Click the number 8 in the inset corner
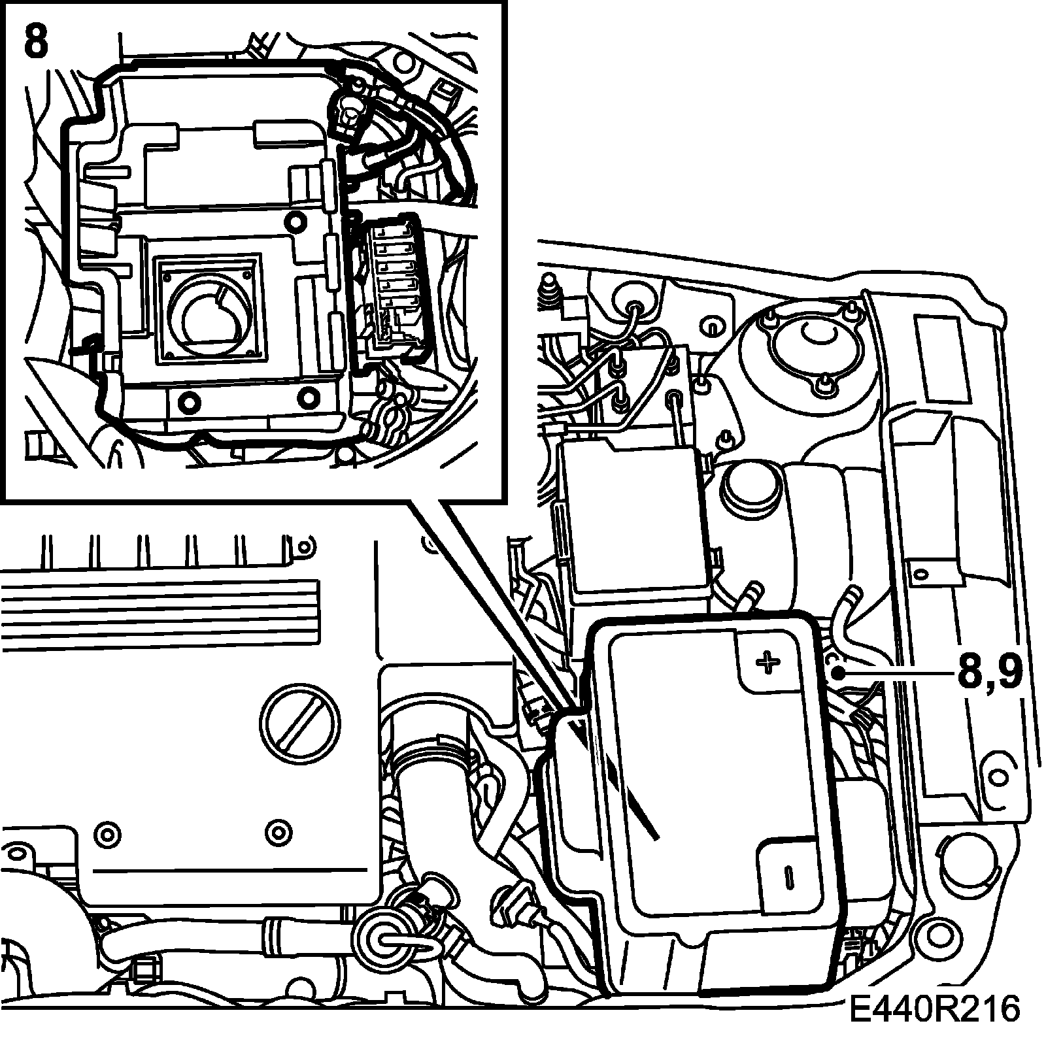(36, 43)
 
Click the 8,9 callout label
(989, 674)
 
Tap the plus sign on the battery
(768, 663)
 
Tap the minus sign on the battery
(789, 876)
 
